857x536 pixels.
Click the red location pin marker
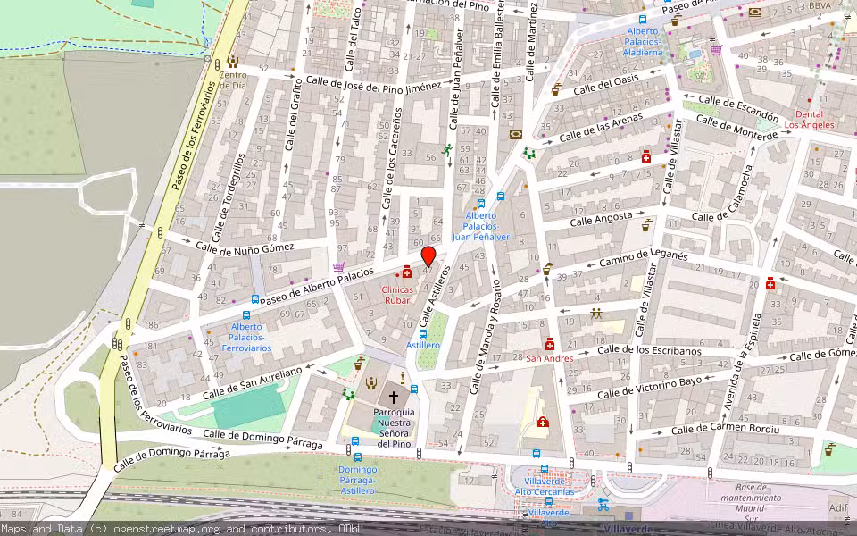(x=428, y=256)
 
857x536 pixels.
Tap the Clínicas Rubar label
(x=397, y=295)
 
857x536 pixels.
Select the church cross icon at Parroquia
(x=393, y=396)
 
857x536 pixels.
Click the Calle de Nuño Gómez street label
(x=245, y=247)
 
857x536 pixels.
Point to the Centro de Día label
(x=233, y=80)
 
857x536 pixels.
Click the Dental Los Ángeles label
(x=809, y=120)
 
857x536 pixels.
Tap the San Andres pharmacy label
(x=549, y=358)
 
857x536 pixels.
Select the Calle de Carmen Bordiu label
(x=725, y=430)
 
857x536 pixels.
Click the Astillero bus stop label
(x=423, y=345)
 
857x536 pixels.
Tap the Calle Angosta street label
(x=600, y=219)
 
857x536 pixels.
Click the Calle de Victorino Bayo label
(x=650, y=388)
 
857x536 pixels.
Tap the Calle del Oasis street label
(x=606, y=85)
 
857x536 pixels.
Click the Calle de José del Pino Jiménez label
(x=373, y=83)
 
